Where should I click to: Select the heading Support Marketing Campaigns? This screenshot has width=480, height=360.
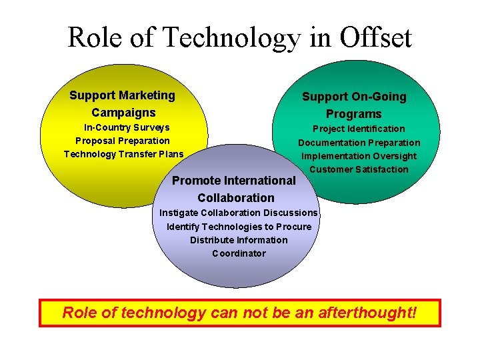coord(123,104)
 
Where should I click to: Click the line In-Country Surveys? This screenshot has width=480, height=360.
coord(126,127)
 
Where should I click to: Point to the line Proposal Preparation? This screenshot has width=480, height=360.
coord(123,141)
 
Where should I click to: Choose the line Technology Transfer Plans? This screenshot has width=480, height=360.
coord(123,154)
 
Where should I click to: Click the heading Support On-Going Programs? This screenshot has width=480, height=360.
coord(354,105)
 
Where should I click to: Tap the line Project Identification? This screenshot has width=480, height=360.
coord(359,129)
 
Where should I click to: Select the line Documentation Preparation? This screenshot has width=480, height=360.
coord(359,143)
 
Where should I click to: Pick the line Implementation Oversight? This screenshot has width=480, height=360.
coord(359,156)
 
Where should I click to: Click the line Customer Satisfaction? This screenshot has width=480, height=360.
coord(359,169)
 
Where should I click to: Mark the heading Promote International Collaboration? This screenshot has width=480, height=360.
coord(235,189)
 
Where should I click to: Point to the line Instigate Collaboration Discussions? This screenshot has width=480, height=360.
coord(239,213)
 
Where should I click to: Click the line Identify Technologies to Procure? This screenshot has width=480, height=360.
coord(239,227)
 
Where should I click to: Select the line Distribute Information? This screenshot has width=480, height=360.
coord(239,240)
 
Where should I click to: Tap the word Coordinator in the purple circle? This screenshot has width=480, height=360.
coord(239,253)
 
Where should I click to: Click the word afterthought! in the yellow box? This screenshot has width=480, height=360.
coord(369,312)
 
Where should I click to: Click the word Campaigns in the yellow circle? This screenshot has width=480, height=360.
coord(123,113)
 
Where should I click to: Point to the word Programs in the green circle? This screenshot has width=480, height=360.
coord(354,114)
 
